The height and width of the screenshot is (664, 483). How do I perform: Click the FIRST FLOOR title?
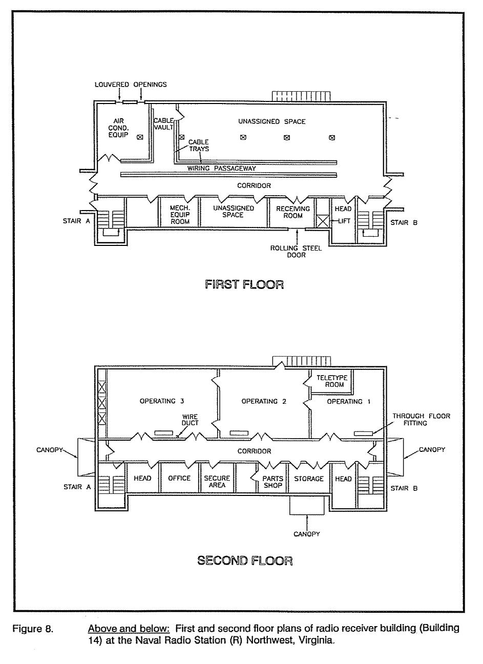(x=244, y=284)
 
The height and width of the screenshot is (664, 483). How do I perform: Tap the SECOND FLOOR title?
(x=245, y=561)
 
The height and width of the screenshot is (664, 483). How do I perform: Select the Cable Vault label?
(x=163, y=124)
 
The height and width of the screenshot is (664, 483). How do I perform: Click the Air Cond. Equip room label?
(x=118, y=128)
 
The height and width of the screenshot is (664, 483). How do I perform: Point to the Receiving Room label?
(x=293, y=212)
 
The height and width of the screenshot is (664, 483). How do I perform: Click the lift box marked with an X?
(x=322, y=221)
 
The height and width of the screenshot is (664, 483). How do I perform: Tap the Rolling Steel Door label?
(x=296, y=252)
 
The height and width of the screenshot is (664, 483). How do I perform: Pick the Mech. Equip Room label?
(x=180, y=215)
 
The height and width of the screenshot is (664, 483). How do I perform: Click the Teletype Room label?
(x=332, y=381)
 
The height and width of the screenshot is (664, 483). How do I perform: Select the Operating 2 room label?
(x=264, y=401)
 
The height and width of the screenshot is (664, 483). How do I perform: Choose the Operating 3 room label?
(x=162, y=401)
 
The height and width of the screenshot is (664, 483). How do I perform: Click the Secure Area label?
(x=217, y=482)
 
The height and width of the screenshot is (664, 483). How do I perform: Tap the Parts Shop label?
(x=273, y=482)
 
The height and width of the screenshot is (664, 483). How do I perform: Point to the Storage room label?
(x=308, y=479)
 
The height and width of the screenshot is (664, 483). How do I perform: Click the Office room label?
(x=179, y=478)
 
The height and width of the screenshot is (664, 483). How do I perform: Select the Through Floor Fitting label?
(x=421, y=420)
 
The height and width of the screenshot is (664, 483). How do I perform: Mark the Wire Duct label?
(x=190, y=420)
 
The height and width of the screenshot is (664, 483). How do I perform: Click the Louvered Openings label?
(x=131, y=85)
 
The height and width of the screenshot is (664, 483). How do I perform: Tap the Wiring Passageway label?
(x=221, y=169)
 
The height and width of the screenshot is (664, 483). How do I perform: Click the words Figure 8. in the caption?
(x=33, y=629)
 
